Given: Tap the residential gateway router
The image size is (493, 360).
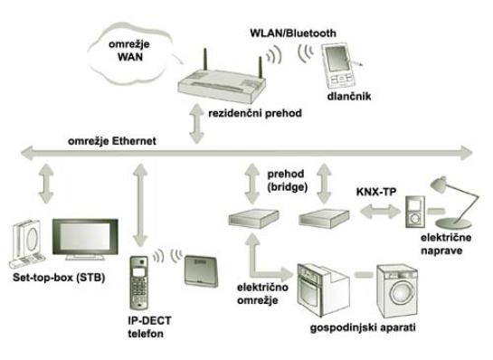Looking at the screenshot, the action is point(222,82).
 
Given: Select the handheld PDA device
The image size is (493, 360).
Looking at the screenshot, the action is point(339,66).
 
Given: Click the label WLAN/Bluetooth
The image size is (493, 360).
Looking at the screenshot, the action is point(293,33).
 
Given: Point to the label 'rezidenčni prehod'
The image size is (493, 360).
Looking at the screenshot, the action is point(255,113).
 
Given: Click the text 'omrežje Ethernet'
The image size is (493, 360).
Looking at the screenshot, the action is point(112,141).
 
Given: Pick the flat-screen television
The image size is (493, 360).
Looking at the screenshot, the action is point(85,239).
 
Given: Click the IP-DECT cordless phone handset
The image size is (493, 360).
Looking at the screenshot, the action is point(139,282).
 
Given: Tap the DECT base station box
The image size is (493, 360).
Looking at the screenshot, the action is point(201,271).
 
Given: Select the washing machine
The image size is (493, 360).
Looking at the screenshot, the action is point(397,291).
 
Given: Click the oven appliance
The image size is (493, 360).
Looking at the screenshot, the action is point(322,289).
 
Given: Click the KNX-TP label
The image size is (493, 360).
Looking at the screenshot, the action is point(376,192).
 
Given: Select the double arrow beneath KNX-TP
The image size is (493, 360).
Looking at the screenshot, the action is point(381,212).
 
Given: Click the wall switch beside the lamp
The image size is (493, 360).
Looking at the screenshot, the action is point(414,212).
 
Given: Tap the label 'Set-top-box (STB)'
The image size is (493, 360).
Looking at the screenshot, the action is point(59,278).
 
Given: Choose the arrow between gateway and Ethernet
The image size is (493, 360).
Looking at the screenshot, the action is point(197,124).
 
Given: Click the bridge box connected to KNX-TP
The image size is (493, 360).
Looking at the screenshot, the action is point(324,218).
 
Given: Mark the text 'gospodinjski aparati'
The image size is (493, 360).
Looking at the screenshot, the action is point(363,327).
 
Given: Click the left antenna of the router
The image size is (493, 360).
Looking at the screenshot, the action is point(205,60).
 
